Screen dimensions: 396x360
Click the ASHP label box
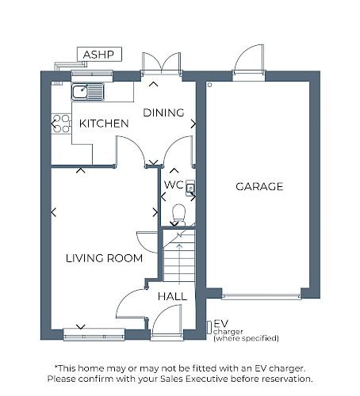click(x=99, y=55)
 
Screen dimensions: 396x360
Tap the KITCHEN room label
click(x=104, y=124)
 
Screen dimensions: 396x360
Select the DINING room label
click(x=163, y=112)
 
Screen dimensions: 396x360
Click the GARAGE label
click(x=259, y=187)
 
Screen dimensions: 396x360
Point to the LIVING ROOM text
click(x=104, y=258)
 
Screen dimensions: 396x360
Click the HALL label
click(x=172, y=296)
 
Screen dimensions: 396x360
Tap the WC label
click(x=174, y=185)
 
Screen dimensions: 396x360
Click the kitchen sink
click(x=87, y=92)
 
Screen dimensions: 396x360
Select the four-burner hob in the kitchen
click(x=61, y=124)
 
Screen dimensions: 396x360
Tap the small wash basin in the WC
click(x=190, y=188)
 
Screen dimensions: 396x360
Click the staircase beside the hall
click(x=178, y=255)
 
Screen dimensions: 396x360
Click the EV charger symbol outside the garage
click(x=209, y=326)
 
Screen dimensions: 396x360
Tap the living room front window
click(x=94, y=336)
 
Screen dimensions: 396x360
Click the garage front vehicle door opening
click(x=261, y=296)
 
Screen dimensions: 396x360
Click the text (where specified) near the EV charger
click(x=246, y=339)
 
